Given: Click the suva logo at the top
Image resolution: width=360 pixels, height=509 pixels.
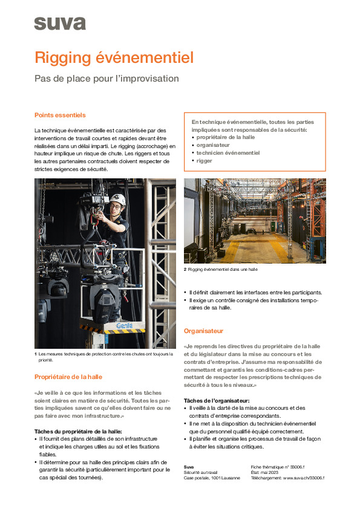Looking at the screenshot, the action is (x=59, y=24).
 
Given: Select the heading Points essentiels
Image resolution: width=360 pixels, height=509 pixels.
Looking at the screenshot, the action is (x=60, y=115).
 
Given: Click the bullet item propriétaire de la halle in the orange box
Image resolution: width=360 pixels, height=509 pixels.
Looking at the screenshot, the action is (x=226, y=138).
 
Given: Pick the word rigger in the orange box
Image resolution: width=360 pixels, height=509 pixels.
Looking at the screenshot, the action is (x=205, y=161).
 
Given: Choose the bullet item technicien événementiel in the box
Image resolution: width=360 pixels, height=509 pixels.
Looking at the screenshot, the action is (x=228, y=153).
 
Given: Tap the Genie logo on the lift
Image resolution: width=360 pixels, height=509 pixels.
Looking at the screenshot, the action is (x=124, y=325).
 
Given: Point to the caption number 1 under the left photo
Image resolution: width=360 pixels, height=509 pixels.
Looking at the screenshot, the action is (x=36, y=354).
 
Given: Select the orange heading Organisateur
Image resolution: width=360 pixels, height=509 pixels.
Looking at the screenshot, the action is (x=203, y=331).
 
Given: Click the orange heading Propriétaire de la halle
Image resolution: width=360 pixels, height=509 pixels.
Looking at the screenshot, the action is (x=68, y=377).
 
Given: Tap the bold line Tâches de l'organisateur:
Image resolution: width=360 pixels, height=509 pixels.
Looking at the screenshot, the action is (x=216, y=401).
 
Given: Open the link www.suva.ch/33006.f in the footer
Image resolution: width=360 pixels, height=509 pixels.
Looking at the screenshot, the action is (x=303, y=478).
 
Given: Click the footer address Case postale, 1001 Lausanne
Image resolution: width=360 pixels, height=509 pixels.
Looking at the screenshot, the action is (x=212, y=478).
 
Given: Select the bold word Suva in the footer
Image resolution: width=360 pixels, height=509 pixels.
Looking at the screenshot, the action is (x=189, y=467).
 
